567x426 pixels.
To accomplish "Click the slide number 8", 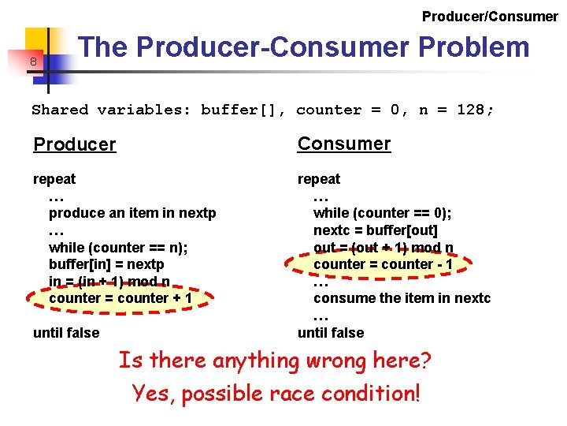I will (x=34, y=62).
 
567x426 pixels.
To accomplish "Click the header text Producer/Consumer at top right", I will (x=490, y=16).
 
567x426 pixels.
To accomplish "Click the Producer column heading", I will (x=75, y=144).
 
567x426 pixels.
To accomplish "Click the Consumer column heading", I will (x=343, y=144).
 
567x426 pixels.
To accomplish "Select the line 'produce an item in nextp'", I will (x=132, y=213).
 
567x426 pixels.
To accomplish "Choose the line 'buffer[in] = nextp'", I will (x=106, y=264).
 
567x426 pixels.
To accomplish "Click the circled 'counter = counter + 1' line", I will (x=120, y=298).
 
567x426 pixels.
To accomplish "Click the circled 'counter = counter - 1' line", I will (x=383, y=264).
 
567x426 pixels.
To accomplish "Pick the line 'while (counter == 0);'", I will (x=382, y=213).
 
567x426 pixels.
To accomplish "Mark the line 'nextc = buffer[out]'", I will (x=375, y=230).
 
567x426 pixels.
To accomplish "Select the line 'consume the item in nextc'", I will (x=402, y=298).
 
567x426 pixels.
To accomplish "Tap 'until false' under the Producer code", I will (x=66, y=333).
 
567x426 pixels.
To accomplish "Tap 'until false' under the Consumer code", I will (x=331, y=333).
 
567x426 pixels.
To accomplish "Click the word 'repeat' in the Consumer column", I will (x=319, y=179).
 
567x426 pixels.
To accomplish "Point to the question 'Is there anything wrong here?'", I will (x=275, y=361).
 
